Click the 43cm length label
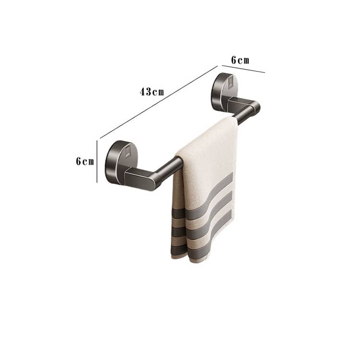(x=152, y=92)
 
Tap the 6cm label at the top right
(x=240, y=60)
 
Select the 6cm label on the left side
(x=85, y=161)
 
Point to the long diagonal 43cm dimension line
(x=159, y=102)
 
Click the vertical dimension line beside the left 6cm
(x=97, y=162)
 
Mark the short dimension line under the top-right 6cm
(x=243, y=69)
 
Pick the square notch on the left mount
(x=128, y=152)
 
